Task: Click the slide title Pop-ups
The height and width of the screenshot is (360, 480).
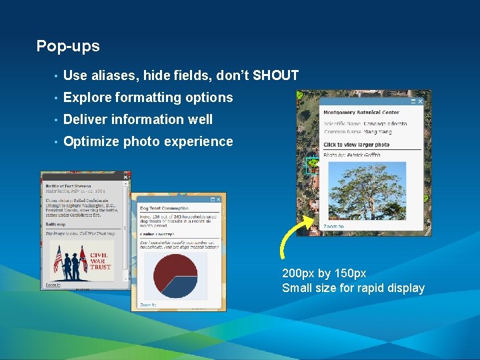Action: pos(68,46)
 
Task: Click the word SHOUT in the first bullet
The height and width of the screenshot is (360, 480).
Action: pos(276,75)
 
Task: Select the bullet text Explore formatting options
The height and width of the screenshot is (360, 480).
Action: pos(148,97)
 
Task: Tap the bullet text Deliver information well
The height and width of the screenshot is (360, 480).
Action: pos(138,119)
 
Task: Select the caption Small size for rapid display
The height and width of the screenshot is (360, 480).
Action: pos(353,288)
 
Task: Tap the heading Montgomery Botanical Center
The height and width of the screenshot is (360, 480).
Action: pos(361,111)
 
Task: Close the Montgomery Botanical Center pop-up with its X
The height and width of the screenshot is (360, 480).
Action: pos(421,101)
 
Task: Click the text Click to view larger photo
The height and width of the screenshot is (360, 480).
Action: pos(357,145)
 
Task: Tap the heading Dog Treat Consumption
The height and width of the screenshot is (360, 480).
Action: pos(164,209)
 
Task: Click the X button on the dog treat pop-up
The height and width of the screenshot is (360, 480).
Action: pos(218,199)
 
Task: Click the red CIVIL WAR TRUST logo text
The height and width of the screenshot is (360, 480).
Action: pos(99,261)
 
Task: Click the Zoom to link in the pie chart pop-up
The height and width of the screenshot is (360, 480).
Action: pos(147,305)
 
